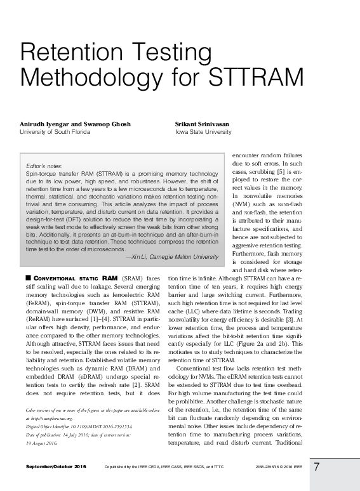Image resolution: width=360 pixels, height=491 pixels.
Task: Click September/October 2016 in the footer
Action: [x=57, y=468]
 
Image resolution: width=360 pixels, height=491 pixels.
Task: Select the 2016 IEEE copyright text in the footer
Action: [x=285, y=468]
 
